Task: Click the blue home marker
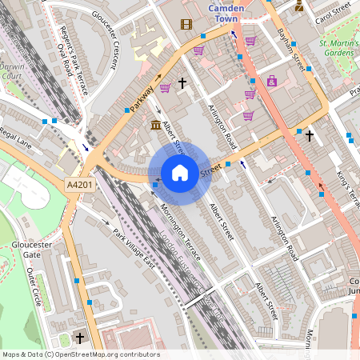click(x=180, y=173)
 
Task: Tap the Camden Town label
click(x=231, y=13)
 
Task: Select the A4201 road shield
click(x=78, y=184)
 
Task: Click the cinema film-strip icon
click(x=186, y=24)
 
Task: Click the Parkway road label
click(x=141, y=98)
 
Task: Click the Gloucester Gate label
click(x=20, y=248)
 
